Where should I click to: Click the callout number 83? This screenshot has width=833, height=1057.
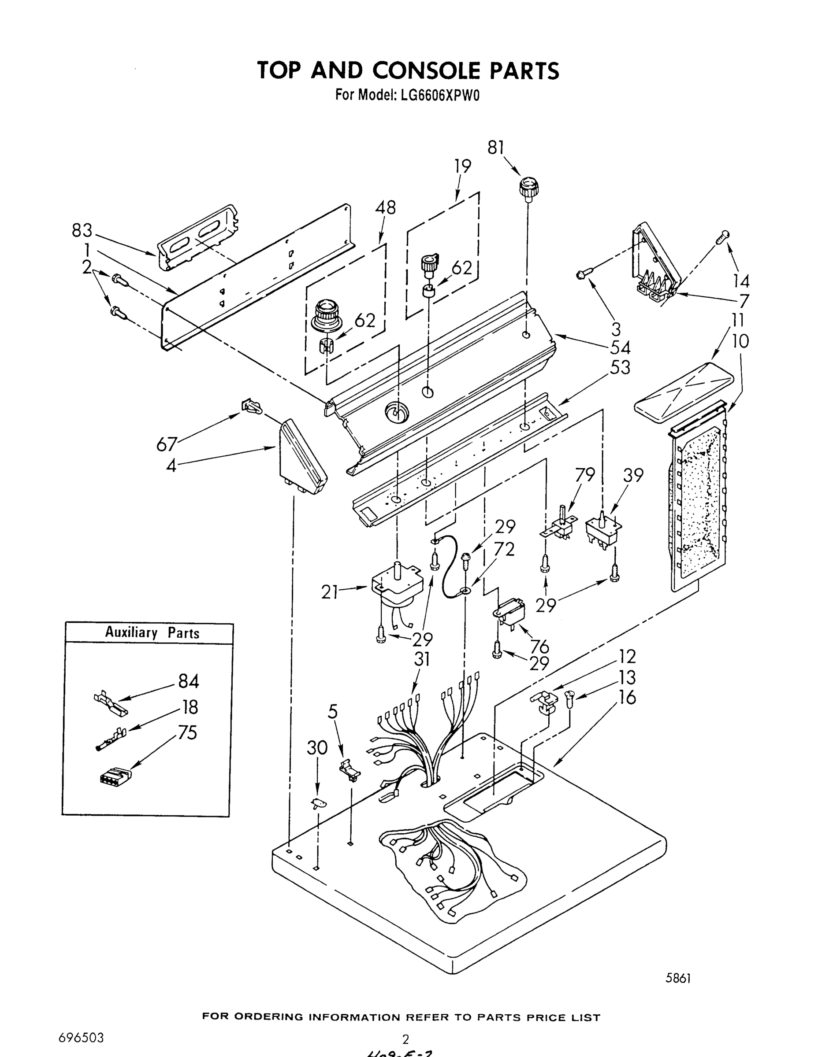(82, 230)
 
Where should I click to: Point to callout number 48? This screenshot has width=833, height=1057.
(385, 207)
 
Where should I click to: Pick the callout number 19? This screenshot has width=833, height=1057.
(463, 166)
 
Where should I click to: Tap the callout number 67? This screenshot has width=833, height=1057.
(166, 444)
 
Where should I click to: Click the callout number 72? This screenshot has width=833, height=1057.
(504, 549)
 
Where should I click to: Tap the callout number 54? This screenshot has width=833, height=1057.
(621, 347)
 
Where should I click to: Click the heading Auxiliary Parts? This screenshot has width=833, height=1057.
(152, 633)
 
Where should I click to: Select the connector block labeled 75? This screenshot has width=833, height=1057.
(115, 775)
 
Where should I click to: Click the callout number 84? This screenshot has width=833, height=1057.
(188, 681)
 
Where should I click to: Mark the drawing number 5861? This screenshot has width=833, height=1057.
(678, 978)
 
